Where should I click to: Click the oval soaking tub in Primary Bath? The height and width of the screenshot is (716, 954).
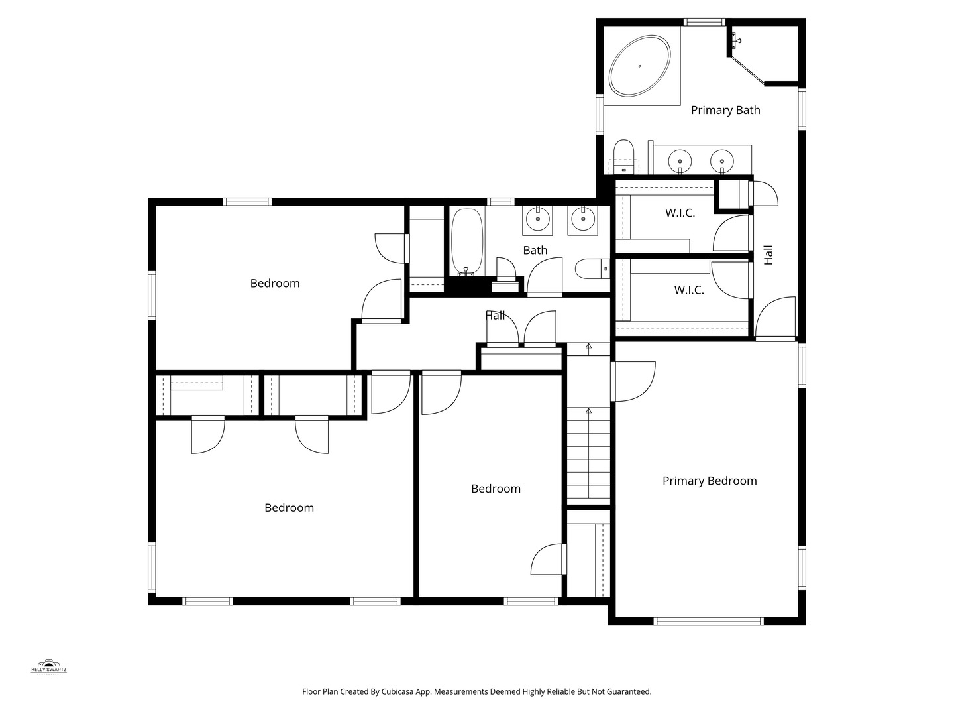(640, 66)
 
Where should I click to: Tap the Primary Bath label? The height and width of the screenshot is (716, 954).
(725, 110)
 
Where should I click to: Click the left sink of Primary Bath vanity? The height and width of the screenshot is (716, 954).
(680, 161)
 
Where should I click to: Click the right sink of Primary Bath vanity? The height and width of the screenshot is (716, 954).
(722, 161)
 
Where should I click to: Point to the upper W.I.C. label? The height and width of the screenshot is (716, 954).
(680, 213)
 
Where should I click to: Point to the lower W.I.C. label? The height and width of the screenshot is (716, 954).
(689, 290)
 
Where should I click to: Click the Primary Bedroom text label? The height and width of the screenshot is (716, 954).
(709, 481)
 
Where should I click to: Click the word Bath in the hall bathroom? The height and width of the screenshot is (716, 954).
(535, 250)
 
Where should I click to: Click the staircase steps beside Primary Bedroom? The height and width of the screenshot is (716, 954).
(588, 457)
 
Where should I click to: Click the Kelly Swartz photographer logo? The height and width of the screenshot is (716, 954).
(49, 666)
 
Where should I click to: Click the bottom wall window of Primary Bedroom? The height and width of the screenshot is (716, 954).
(708, 621)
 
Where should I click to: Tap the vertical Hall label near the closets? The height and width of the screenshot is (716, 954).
(768, 255)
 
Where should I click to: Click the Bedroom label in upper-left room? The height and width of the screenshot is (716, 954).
(275, 283)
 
